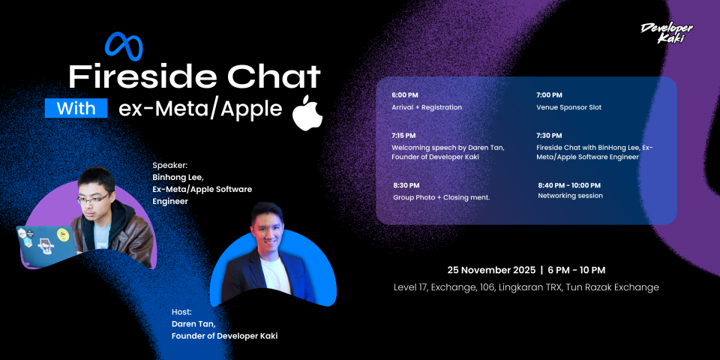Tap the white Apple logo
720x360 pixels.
pyautogui.click(x=307, y=112)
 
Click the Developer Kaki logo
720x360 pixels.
pyautogui.click(x=667, y=33)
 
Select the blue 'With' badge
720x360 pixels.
pyautogui.click(x=76, y=109)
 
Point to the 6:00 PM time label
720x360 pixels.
pyautogui.click(x=405, y=95)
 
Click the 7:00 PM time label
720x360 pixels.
pyautogui.click(x=549, y=95)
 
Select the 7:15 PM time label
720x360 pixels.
pyautogui.click(x=404, y=136)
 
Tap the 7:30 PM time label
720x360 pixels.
pyautogui.click(x=549, y=136)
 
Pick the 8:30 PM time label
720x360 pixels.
pyautogui.click(x=406, y=185)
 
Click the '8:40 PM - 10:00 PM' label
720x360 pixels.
pyautogui.click(x=569, y=184)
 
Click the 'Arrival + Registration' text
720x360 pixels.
pyautogui.click(x=427, y=107)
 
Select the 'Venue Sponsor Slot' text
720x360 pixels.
pyautogui.click(x=568, y=107)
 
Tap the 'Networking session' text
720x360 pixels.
pyautogui.click(x=570, y=196)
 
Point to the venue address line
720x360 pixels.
pyautogui.click(x=526, y=287)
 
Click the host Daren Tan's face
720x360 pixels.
pyautogui.click(x=268, y=226)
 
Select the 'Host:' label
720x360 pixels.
pyautogui.click(x=182, y=311)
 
